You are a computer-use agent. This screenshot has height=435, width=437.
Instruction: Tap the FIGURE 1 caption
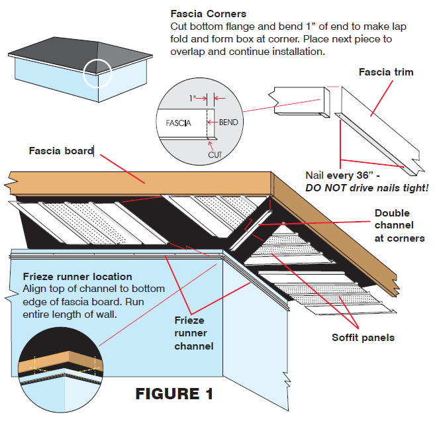point(175,393)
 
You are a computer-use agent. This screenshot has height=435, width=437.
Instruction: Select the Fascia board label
point(60,151)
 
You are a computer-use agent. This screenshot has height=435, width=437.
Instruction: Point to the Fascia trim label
point(386,72)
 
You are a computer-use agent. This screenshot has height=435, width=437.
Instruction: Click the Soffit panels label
point(363,338)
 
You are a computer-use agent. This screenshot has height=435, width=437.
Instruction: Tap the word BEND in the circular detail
point(229,122)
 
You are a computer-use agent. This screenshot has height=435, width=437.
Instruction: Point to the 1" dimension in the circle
point(193,98)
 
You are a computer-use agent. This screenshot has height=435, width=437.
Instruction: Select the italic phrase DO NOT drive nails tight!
point(367,188)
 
